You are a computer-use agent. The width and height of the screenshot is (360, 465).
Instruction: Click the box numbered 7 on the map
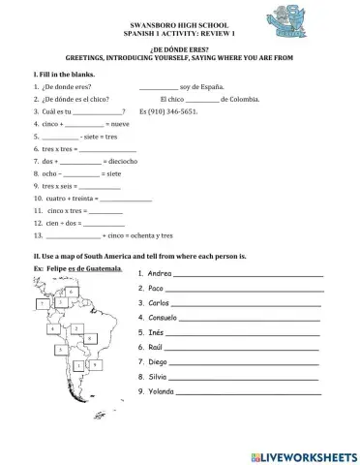[42, 304]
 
